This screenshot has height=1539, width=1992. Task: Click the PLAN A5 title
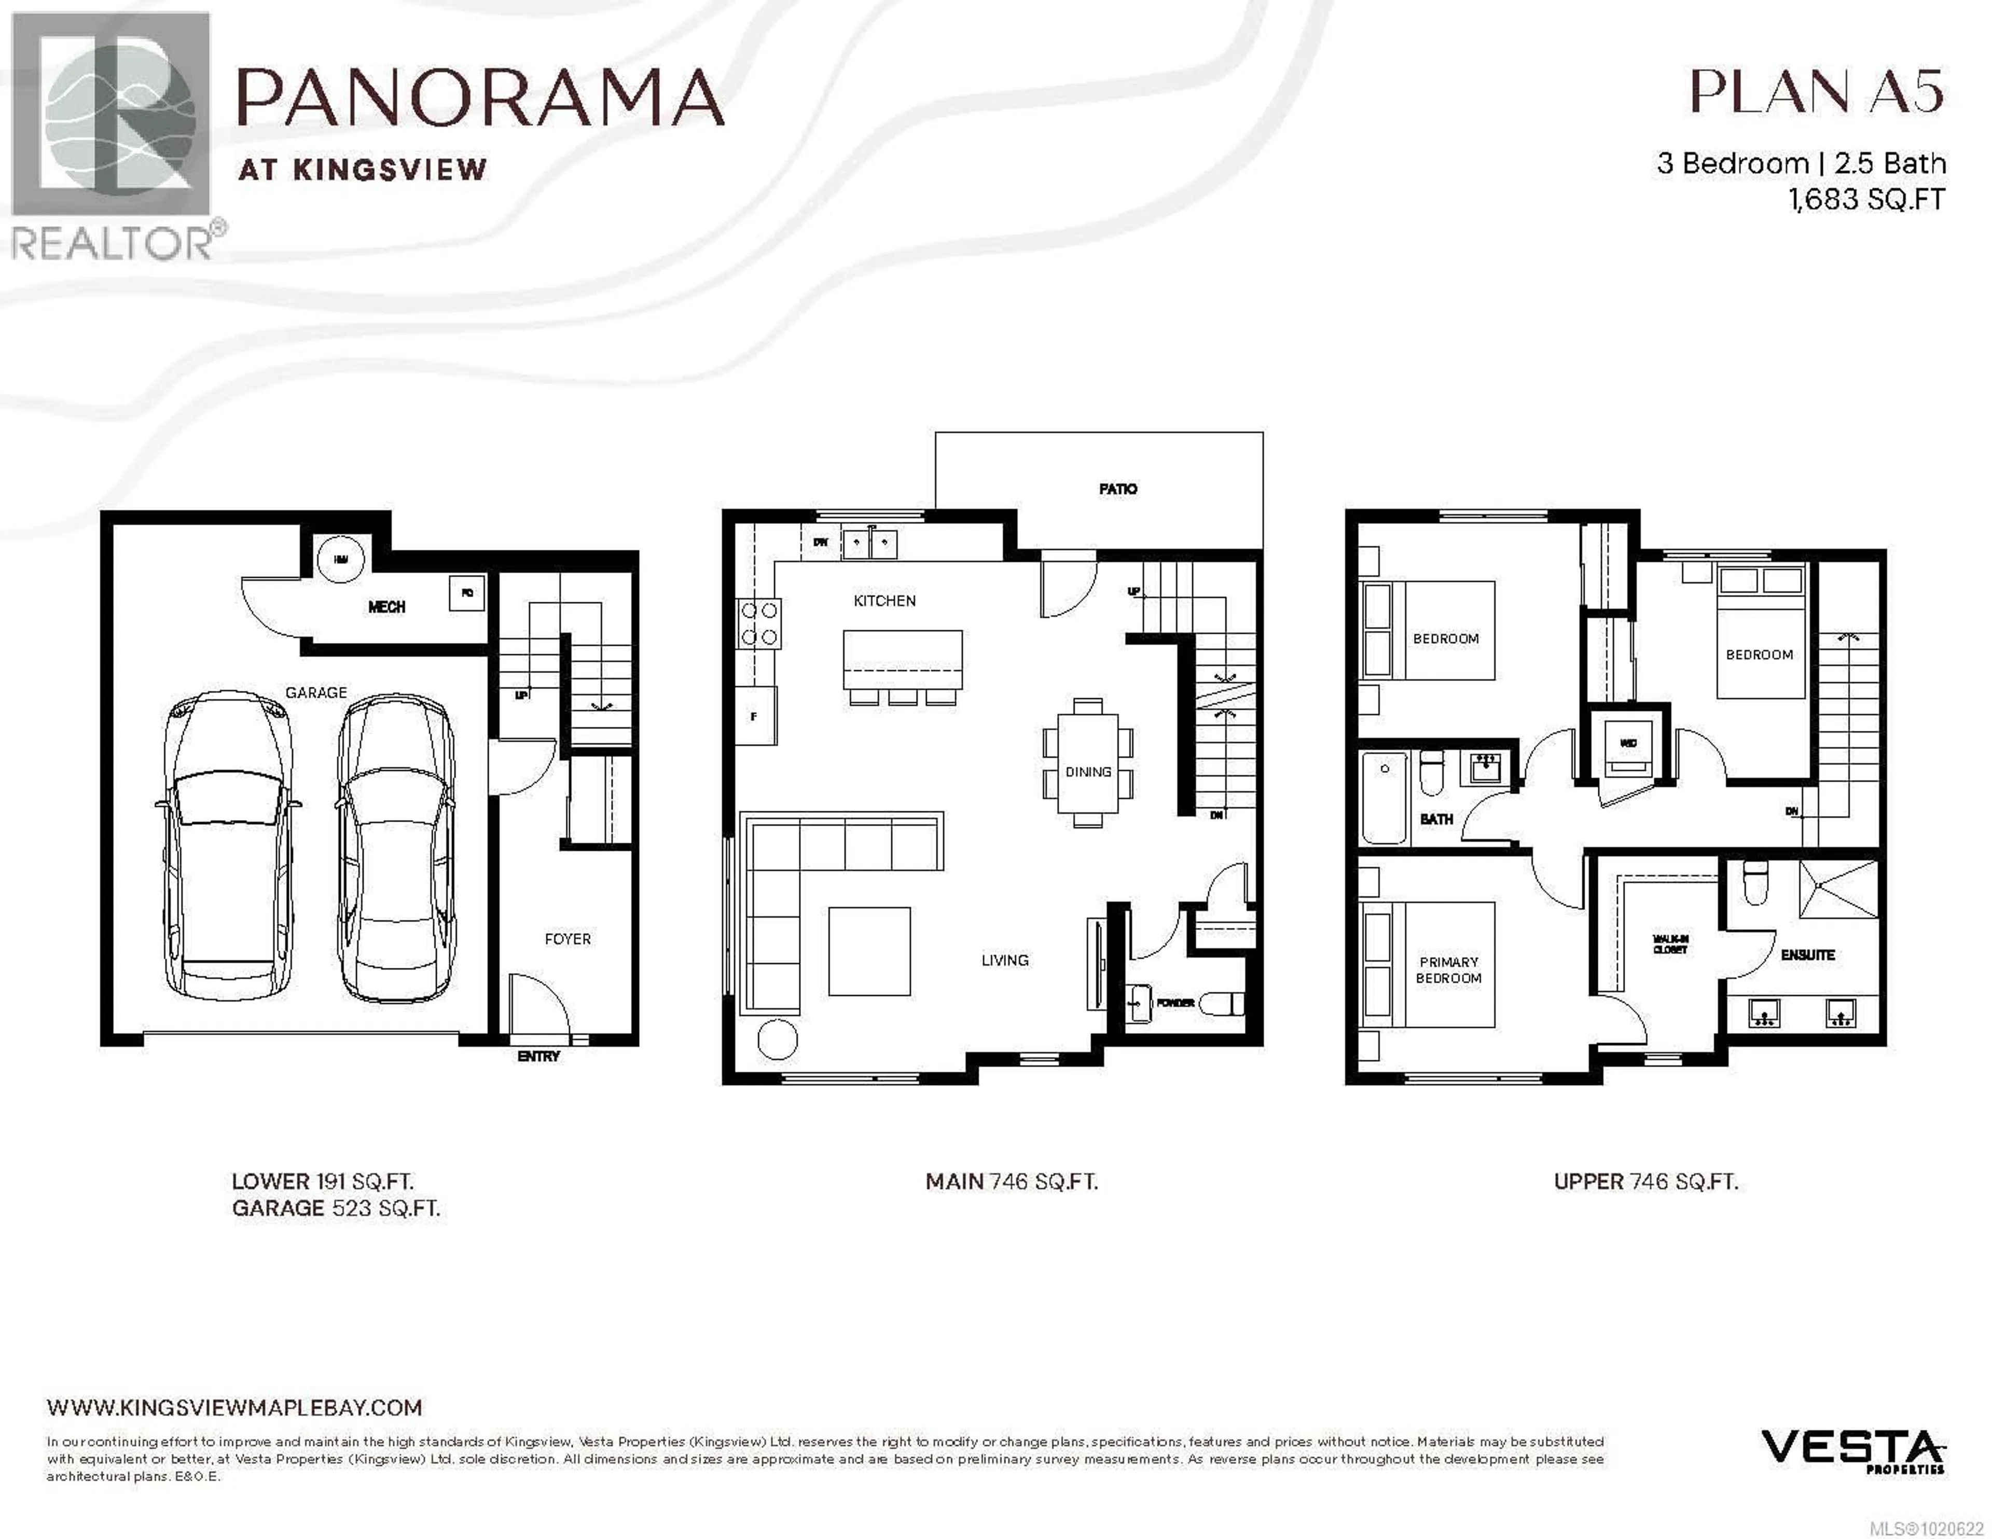click(1816, 92)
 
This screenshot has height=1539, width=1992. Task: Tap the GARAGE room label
click(315, 692)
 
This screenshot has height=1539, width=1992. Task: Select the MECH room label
click(386, 607)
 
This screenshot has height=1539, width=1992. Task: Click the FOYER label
click(568, 939)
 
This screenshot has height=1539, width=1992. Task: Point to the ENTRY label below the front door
click(538, 1057)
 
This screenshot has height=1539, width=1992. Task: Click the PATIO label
click(1117, 489)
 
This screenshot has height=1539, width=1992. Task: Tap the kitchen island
click(902, 659)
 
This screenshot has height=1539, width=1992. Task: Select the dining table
click(1087, 762)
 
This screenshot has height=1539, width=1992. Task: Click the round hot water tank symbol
click(340, 558)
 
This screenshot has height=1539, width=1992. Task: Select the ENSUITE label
click(1807, 955)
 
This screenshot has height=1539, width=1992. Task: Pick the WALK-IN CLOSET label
click(1669, 944)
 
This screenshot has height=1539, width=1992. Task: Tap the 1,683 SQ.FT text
click(1866, 199)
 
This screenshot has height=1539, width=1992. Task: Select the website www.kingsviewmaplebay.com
click(234, 1407)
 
